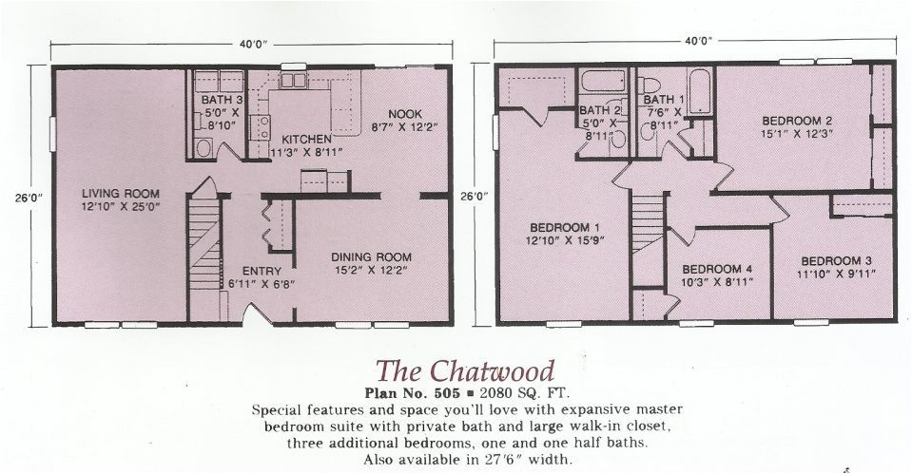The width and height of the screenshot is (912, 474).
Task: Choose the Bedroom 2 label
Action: [797, 121]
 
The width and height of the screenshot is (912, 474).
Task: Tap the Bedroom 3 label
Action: [836, 261]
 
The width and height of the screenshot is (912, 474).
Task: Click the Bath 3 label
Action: [221, 99]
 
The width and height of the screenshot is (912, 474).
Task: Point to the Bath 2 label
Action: [600, 110]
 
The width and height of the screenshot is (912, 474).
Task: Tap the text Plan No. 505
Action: [416, 391]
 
